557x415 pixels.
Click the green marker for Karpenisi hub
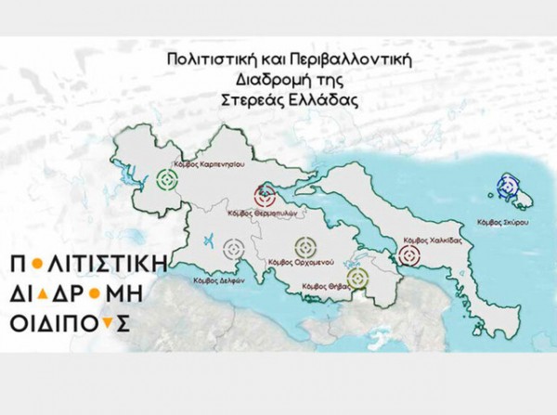point(168,179)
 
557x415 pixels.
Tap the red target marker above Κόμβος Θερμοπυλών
point(265,196)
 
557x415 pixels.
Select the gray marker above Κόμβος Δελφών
point(234,249)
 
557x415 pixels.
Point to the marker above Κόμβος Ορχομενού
point(305,248)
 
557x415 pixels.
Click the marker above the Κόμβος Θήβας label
point(357,278)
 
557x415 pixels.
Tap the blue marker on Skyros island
point(507,188)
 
